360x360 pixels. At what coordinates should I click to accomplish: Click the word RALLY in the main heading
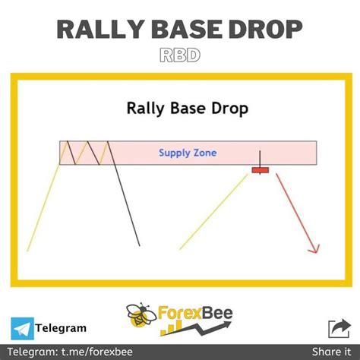(96, 30)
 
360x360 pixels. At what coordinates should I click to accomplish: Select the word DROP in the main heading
(265, 30)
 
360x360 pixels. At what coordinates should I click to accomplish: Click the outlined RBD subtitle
(180, 55)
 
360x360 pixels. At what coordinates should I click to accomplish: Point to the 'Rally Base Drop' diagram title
(187, 108)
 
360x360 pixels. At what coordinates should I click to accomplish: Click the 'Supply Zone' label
(188, 153)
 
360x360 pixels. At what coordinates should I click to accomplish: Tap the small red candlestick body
(261, 169)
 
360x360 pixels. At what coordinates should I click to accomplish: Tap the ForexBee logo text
(197, 314)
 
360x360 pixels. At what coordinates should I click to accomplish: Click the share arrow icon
(336, 328)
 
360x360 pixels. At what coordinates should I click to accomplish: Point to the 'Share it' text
(329, 351)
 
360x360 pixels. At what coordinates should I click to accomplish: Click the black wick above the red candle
(261, 157)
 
